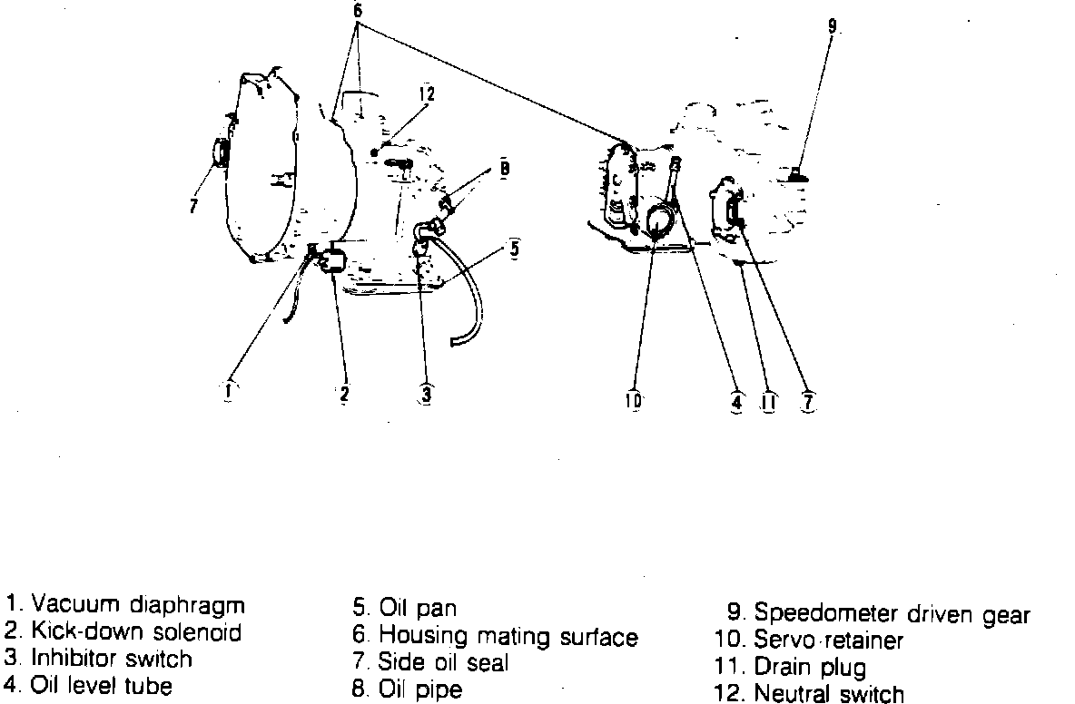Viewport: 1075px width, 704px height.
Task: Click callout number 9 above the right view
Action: [x=832, y=26]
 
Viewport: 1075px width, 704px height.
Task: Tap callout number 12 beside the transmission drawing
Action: [x=427, y=93]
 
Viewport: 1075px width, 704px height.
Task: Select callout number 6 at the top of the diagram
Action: [x=357, y=10]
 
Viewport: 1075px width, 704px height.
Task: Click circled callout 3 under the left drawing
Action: [x=426, y=394]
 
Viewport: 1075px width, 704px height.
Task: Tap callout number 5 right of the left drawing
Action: [x=515, y=248]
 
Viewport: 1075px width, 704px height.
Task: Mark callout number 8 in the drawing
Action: [x=504, y=168]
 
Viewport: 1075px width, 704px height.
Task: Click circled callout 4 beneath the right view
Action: [x=736, y=401]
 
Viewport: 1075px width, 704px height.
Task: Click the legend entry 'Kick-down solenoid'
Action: [x=136, y=631]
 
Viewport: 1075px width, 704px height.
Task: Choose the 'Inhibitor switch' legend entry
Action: [x=112, y=658]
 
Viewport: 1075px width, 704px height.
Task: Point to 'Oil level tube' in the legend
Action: [x=102, y=685]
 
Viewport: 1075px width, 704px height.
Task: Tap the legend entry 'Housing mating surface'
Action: [x=508, y=637]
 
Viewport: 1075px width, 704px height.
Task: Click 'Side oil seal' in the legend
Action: [x=444, y=662]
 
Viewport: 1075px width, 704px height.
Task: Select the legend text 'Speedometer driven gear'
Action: [x=892, y=614]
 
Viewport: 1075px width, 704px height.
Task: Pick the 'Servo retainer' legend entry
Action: [x=829, y=640]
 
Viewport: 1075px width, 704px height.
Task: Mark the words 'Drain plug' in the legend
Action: [x=811, y=667]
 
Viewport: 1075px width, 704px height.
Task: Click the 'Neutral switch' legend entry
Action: [x=829, y=693]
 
